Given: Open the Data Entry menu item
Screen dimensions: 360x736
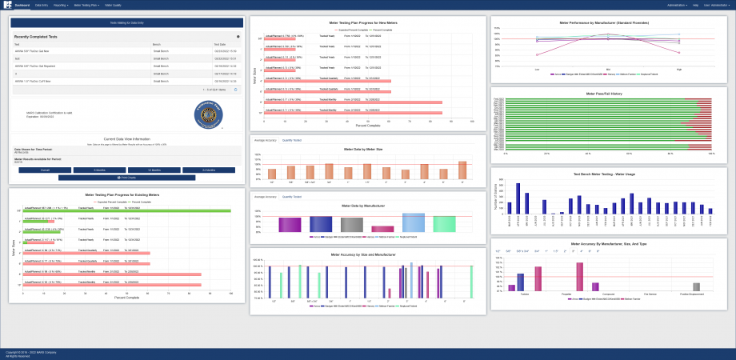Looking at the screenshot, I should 42,5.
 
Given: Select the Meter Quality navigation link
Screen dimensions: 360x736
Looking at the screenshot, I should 113,5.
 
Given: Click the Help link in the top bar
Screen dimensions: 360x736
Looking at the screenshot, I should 695,5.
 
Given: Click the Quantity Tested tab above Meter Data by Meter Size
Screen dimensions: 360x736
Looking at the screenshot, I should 292,140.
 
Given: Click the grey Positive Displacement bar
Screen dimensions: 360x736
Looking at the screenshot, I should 696,286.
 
